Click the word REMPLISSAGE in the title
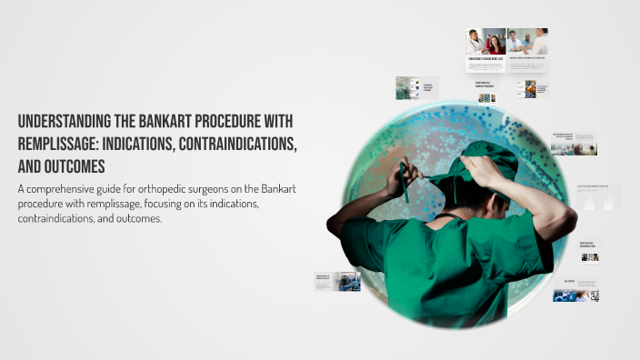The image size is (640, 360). (x=60, y=145)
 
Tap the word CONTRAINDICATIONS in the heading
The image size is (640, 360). (x=241, y=145)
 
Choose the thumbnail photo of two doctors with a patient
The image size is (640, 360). (x=527, y=42)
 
